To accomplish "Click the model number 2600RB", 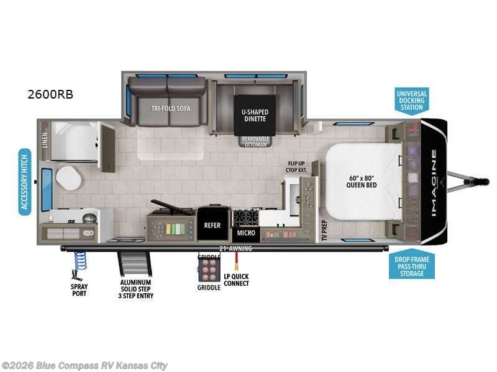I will tap(50, 95).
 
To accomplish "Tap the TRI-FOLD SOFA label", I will tap(170, 108).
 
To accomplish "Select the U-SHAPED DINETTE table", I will tap(254, 116).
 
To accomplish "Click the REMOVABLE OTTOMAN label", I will tap(255, 141).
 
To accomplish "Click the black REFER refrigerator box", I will tap(213, 225).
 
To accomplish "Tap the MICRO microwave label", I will tap(245, 233).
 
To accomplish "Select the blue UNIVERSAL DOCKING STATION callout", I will tap(412, 100).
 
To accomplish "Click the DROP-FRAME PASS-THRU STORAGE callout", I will tap(412, 266).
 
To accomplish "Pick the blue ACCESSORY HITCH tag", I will tap(25, 181).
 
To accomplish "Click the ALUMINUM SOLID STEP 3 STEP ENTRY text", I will tap(137, 289).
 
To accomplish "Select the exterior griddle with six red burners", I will tap(208, 270).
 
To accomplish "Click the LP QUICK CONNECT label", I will tap(236, 280).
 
